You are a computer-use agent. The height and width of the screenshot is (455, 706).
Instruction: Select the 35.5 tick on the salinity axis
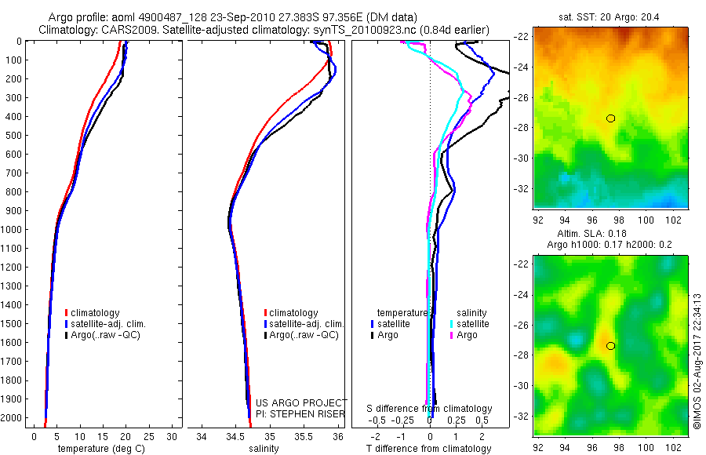coord(304,435)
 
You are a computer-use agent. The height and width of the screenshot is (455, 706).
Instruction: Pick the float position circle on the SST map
coord(610,118)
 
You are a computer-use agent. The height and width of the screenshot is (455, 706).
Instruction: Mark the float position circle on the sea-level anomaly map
coord(610,346)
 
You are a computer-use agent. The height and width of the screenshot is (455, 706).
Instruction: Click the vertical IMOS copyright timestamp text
coord(697,361)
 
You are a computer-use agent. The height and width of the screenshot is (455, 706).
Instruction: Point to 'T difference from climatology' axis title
coord(429,449)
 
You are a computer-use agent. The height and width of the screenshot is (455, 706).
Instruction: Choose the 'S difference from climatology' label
coord(430,409)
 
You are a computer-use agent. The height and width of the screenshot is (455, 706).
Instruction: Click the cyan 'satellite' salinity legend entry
coord(471,323)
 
